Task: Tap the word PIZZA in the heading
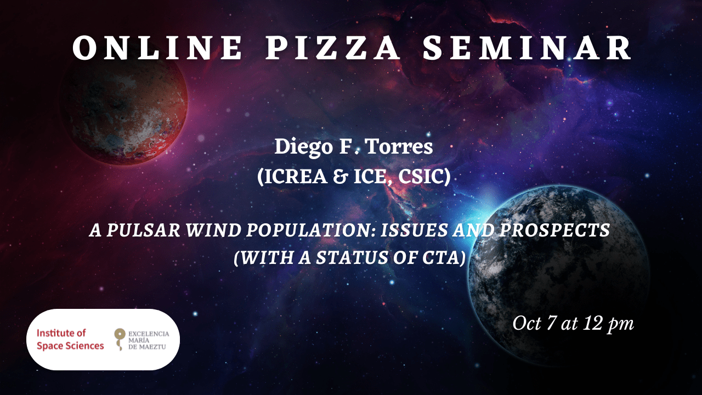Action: coord(333,48)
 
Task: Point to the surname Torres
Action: coord(399,146)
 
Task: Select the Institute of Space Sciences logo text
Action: coord(70,339)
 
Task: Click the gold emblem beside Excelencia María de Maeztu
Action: coord(120,339)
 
